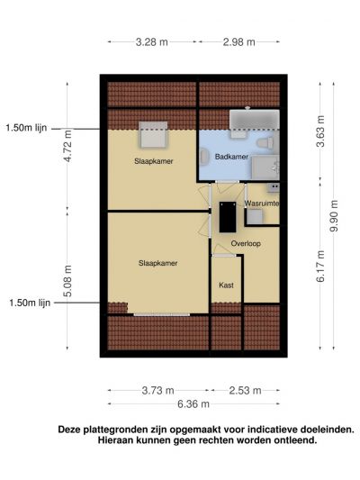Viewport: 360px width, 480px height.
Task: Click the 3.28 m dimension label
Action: coord(152,42)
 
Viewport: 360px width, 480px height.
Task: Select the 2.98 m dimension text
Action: coord(238,42)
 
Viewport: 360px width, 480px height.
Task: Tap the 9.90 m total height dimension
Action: coord(334,215)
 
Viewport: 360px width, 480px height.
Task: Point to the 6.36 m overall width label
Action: coord(193,404)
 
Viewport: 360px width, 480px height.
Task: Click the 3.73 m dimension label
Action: coord(157,391)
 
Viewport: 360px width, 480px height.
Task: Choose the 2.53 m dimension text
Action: coord(245,391)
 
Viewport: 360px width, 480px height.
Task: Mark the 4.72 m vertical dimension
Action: coord(67,146)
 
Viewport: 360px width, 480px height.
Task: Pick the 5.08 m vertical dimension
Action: coord(67,281)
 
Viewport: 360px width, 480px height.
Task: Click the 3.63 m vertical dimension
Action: coord(320,131)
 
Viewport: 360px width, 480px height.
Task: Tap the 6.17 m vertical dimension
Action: coord(320,266)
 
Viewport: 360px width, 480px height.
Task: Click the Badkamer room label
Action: coord(231,157)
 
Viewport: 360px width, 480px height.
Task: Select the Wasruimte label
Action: coord(262,204)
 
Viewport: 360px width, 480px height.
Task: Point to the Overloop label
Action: coord(246,244)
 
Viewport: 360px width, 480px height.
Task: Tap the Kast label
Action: coord(226,285)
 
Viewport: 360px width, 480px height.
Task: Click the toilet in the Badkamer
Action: coord(265,143)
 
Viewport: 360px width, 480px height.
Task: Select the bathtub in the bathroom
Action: coord(255,120)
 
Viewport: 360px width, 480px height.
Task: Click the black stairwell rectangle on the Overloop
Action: coord(228,217)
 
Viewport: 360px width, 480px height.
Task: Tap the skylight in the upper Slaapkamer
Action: coord(153,135)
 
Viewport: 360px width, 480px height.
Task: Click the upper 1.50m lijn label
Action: coord(27,128)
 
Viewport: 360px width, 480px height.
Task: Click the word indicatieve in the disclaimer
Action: coord(272,430)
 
